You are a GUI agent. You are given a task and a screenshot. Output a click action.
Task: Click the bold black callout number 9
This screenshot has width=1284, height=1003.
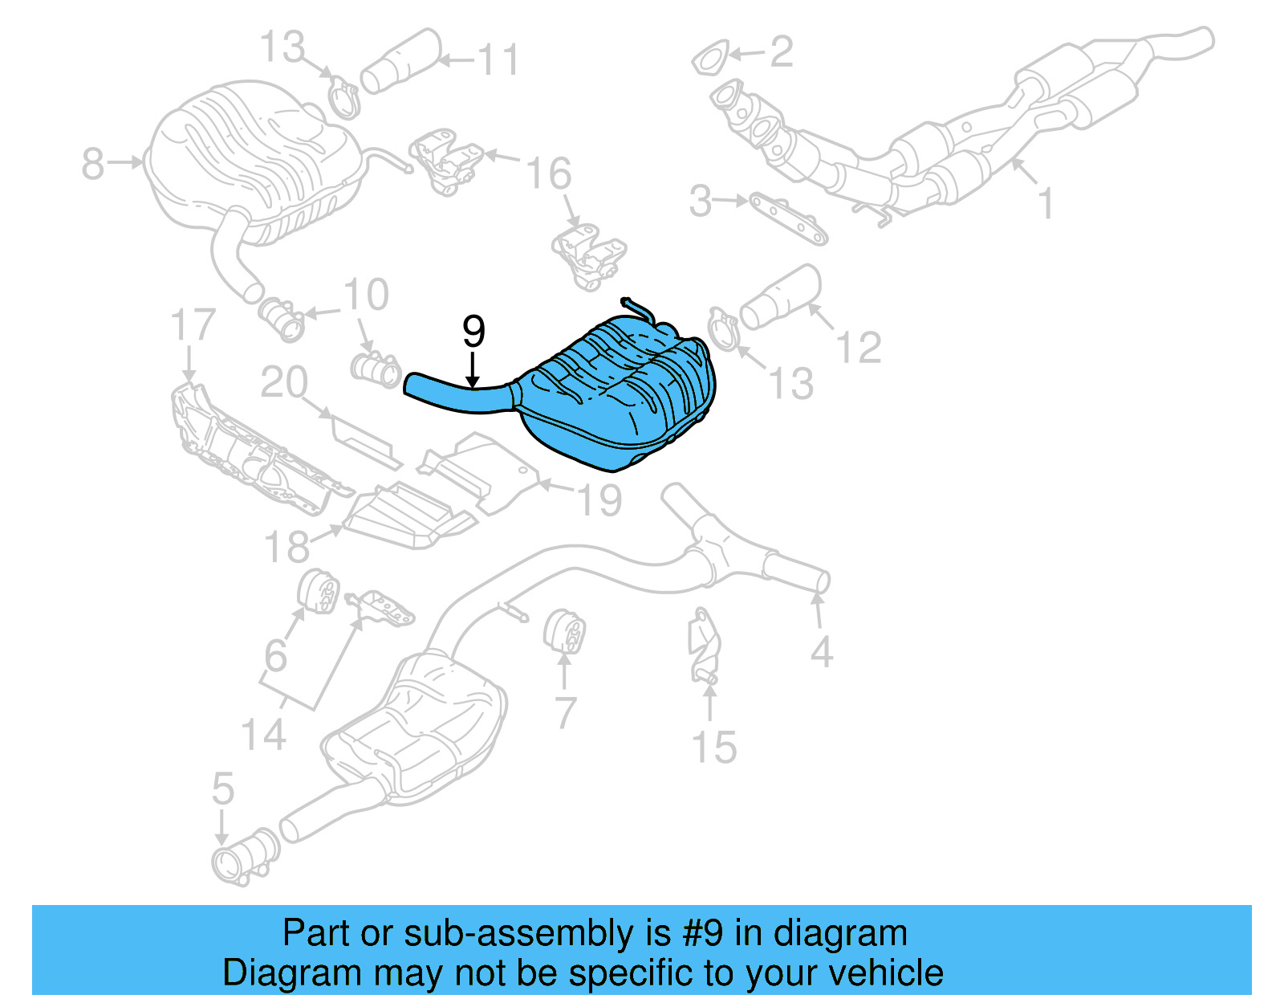click(473, 331)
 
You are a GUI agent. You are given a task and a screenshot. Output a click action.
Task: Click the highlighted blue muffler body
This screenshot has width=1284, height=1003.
click(618, 393)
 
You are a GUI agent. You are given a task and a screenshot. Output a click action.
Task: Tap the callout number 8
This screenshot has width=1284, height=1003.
click(93, 165)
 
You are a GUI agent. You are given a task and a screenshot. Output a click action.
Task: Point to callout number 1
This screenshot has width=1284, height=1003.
click(1046, 203)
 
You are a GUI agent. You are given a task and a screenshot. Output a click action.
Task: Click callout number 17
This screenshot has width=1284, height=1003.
click(193, 325)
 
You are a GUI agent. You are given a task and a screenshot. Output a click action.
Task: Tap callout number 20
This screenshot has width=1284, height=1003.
click(284, 383)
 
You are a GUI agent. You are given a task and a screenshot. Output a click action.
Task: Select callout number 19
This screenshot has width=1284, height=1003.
click(599, 500)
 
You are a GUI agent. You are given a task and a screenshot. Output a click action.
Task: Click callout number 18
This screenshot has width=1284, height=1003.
click(287, 547)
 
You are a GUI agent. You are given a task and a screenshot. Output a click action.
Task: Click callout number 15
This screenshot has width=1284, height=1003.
click(713, 748)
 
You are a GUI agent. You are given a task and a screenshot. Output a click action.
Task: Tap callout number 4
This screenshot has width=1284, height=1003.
click(821, 651)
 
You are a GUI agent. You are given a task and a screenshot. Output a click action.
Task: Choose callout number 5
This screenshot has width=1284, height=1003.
click(222, 789)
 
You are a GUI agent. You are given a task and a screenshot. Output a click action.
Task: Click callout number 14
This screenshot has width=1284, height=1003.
click(263, 735)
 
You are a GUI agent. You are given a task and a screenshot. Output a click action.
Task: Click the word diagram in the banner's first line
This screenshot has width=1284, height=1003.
click(840, 934)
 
